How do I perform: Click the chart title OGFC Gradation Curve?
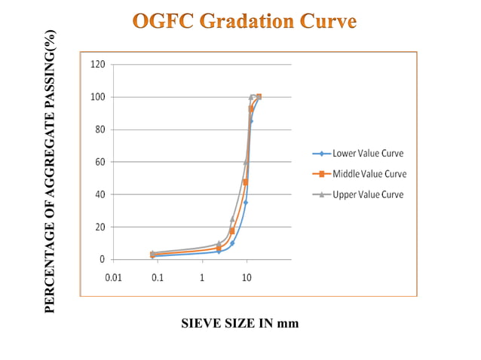244,20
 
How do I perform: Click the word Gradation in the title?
250,20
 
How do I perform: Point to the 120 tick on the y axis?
98,65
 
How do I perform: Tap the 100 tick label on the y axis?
98,97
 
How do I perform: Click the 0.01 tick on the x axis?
113,277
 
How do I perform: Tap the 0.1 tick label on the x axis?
158,277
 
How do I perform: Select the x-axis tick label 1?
202,277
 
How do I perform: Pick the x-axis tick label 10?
247,277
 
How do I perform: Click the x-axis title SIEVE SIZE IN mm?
240,323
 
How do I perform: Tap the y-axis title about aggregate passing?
51,172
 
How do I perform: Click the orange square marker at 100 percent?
259,96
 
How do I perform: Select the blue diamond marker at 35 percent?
245,203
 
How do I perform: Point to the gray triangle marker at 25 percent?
232,219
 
